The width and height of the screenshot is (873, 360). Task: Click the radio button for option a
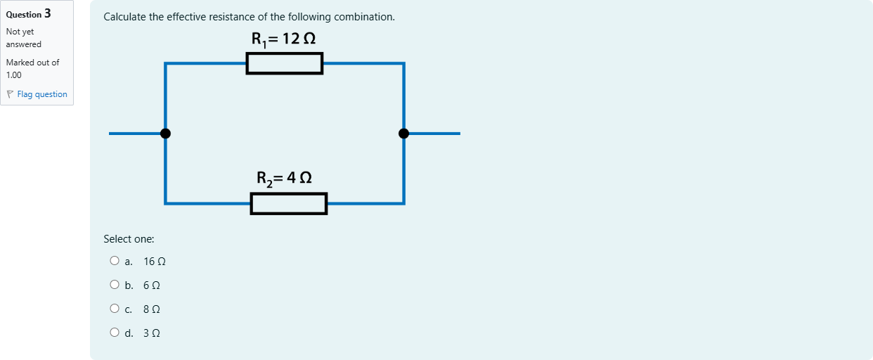coord(114,261)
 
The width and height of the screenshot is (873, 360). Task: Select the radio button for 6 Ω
coord(114,284)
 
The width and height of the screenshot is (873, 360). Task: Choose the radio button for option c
coord(114,309)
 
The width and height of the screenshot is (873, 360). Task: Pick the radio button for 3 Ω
coord(114,333)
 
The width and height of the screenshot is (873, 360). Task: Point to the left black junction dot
coord(165,134)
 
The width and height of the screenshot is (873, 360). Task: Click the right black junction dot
coord(403,134)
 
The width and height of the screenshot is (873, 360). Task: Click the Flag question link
coord(42,94)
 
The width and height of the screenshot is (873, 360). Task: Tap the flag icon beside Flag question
coord(10,94)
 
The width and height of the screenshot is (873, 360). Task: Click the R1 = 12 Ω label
coord(283,39)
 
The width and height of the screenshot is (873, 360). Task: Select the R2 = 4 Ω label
coord(284,179)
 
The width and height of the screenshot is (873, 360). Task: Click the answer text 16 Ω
coord(155,262)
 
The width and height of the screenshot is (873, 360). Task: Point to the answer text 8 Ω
coord(152,309)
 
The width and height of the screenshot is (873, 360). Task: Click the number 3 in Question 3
coord(48,13)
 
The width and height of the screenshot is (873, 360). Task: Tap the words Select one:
coord(129,239)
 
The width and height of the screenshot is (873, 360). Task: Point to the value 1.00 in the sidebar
coord(13,75)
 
